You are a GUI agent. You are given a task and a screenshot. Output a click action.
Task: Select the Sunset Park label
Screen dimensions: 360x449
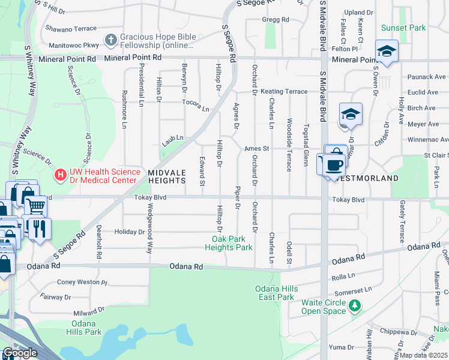[x=403, y=28]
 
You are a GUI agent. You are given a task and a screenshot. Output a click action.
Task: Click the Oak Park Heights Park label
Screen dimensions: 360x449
[x=228, y=243]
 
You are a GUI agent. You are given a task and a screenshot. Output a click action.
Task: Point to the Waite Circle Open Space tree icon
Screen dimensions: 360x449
[x=355, y=306]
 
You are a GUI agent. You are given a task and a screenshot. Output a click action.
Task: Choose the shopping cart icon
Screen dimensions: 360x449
[x=36, y=207]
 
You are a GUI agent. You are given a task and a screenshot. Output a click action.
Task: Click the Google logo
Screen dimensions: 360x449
[x=20, y=353]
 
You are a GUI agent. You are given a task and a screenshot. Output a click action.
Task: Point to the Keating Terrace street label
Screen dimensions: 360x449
[x=284, y=92]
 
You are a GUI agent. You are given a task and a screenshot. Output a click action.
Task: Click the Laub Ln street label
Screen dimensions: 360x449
[x=172, y=141]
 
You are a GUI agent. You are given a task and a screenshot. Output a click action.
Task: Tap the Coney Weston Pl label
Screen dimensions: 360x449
[x=81, y=282]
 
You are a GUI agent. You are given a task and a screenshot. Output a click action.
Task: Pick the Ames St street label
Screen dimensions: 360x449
[x=256, y=148]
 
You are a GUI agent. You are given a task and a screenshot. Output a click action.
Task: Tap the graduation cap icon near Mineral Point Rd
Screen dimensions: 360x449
[x=387, y=51]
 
